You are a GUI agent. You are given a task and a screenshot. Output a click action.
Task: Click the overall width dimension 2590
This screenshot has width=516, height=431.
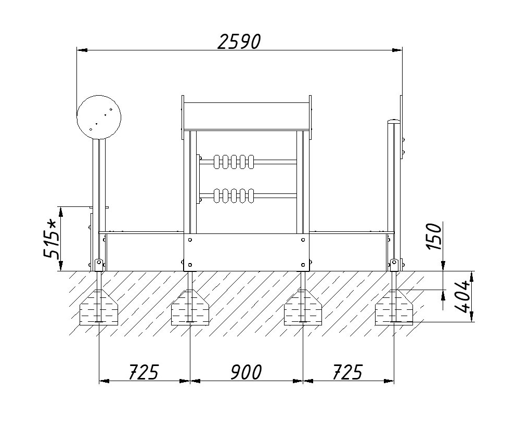239,42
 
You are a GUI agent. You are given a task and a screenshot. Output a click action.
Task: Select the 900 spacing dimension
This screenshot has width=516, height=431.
246,372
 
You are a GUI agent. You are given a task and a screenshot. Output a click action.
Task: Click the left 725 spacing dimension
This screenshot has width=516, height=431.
144,372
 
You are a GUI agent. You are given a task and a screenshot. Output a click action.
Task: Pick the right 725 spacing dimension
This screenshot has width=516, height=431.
347,372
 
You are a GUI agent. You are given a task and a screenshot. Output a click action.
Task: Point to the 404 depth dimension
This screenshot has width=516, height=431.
462,296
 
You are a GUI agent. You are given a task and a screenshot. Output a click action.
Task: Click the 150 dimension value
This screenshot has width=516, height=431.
434,237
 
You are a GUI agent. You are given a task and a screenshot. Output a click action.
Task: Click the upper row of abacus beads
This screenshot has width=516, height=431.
234,162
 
